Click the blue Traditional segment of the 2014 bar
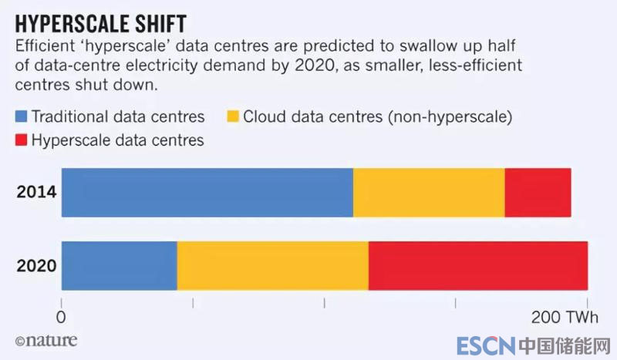(x=207, y=192)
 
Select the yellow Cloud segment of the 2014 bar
(x=429, y=192)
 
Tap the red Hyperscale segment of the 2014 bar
(x=538, y=192)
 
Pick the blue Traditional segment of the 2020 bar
(x=119, y=265)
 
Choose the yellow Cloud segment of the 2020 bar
(x=272, y=265)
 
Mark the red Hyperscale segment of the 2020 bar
(x=478, y=265)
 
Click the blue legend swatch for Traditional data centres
(x=20, y=118)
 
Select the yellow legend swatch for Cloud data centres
(x=231, y=118)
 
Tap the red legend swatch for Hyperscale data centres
(x=20, y=140)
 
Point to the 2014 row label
(x=37, y=192)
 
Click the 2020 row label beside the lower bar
(x=37, y=265)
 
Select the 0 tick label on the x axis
(x=61, y=318)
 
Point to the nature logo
(x=46, y=340)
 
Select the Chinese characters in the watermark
(x=565, y=345)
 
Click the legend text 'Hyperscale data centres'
(x=116, y=140)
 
